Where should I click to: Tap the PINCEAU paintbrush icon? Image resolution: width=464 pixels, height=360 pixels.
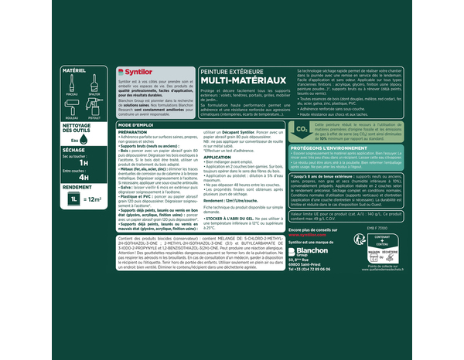(x=70, y=85)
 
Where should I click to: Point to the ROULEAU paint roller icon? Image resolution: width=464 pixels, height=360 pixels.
(x=70, y=107)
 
